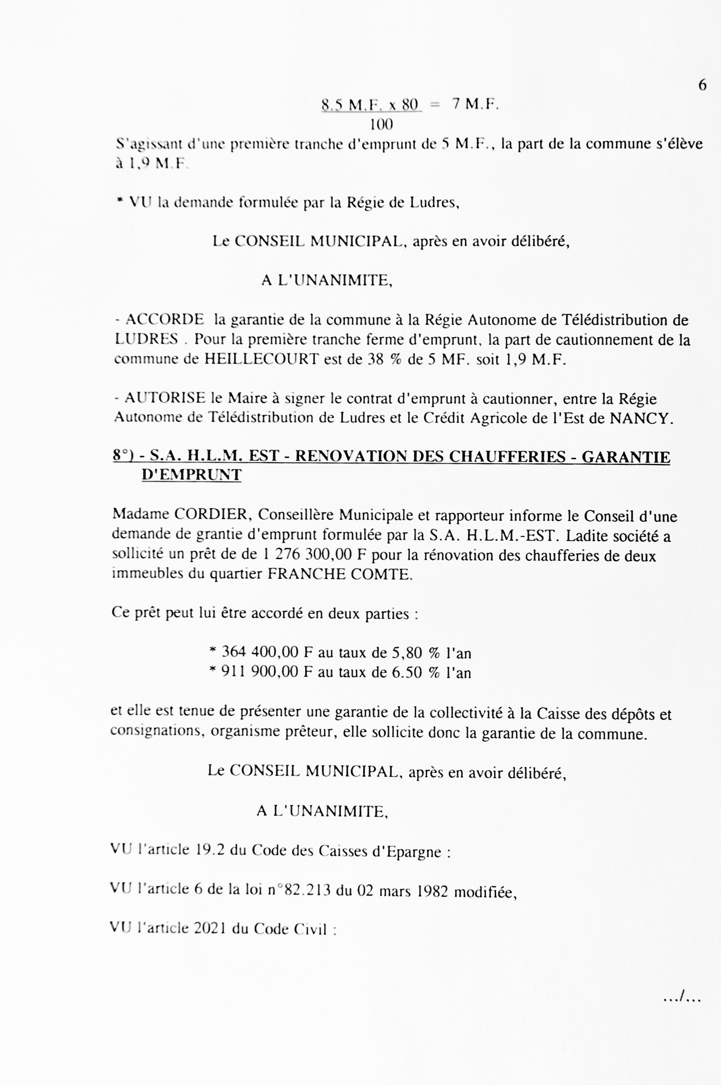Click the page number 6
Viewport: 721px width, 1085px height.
pyautogui.click(x=702, y=85)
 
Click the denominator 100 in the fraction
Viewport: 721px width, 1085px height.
pyautogui.click(x=381, y=124)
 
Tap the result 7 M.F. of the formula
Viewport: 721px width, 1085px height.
pyautogui.click(x=475, y=104)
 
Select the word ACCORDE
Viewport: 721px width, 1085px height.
pyautogui.click(x=164, y=320)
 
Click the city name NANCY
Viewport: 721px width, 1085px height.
pyautogui.click(x=641, y=418)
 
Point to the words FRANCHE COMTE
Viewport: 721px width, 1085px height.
pyautogui.click(x=340, y=574)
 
